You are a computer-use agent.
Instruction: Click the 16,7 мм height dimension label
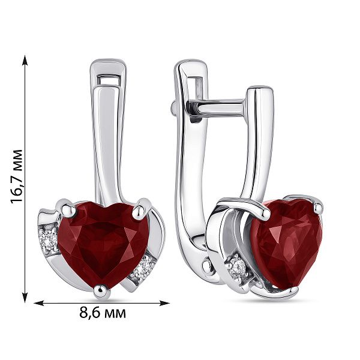click(x=16, y=176)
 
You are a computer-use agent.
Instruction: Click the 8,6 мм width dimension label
click(x=103, y=313)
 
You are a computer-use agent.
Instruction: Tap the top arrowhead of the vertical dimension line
click(x=25, y=60)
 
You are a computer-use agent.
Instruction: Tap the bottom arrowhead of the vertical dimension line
click(x=25, y=298)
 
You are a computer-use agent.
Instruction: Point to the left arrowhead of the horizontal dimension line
click(x=39, y=303)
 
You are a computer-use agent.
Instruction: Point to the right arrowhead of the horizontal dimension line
click(x=164, y=303)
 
